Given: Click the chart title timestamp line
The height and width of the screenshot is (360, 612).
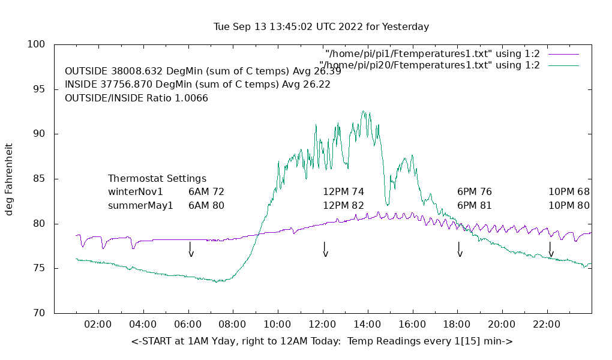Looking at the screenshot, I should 321,27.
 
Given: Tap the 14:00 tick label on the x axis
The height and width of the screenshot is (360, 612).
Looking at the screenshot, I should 367,325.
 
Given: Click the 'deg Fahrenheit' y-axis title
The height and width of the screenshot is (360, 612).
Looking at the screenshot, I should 10,179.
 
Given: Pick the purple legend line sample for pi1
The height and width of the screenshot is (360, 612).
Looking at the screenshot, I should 563,54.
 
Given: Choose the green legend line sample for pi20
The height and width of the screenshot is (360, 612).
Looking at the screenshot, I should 563,65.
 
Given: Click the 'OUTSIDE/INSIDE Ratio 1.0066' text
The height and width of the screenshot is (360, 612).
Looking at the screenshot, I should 136,98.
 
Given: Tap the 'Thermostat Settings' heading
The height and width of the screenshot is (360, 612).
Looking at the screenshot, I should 157,179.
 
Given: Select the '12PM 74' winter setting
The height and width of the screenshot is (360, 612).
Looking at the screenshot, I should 343,192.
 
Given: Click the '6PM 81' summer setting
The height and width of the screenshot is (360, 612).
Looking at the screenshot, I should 474,205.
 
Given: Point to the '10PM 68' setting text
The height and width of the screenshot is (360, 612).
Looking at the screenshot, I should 569,192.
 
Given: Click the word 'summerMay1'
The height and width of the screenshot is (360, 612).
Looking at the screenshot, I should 140,205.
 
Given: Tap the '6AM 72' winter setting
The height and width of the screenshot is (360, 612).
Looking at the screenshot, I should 206,192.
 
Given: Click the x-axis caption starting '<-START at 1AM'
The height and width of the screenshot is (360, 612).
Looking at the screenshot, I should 322,341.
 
